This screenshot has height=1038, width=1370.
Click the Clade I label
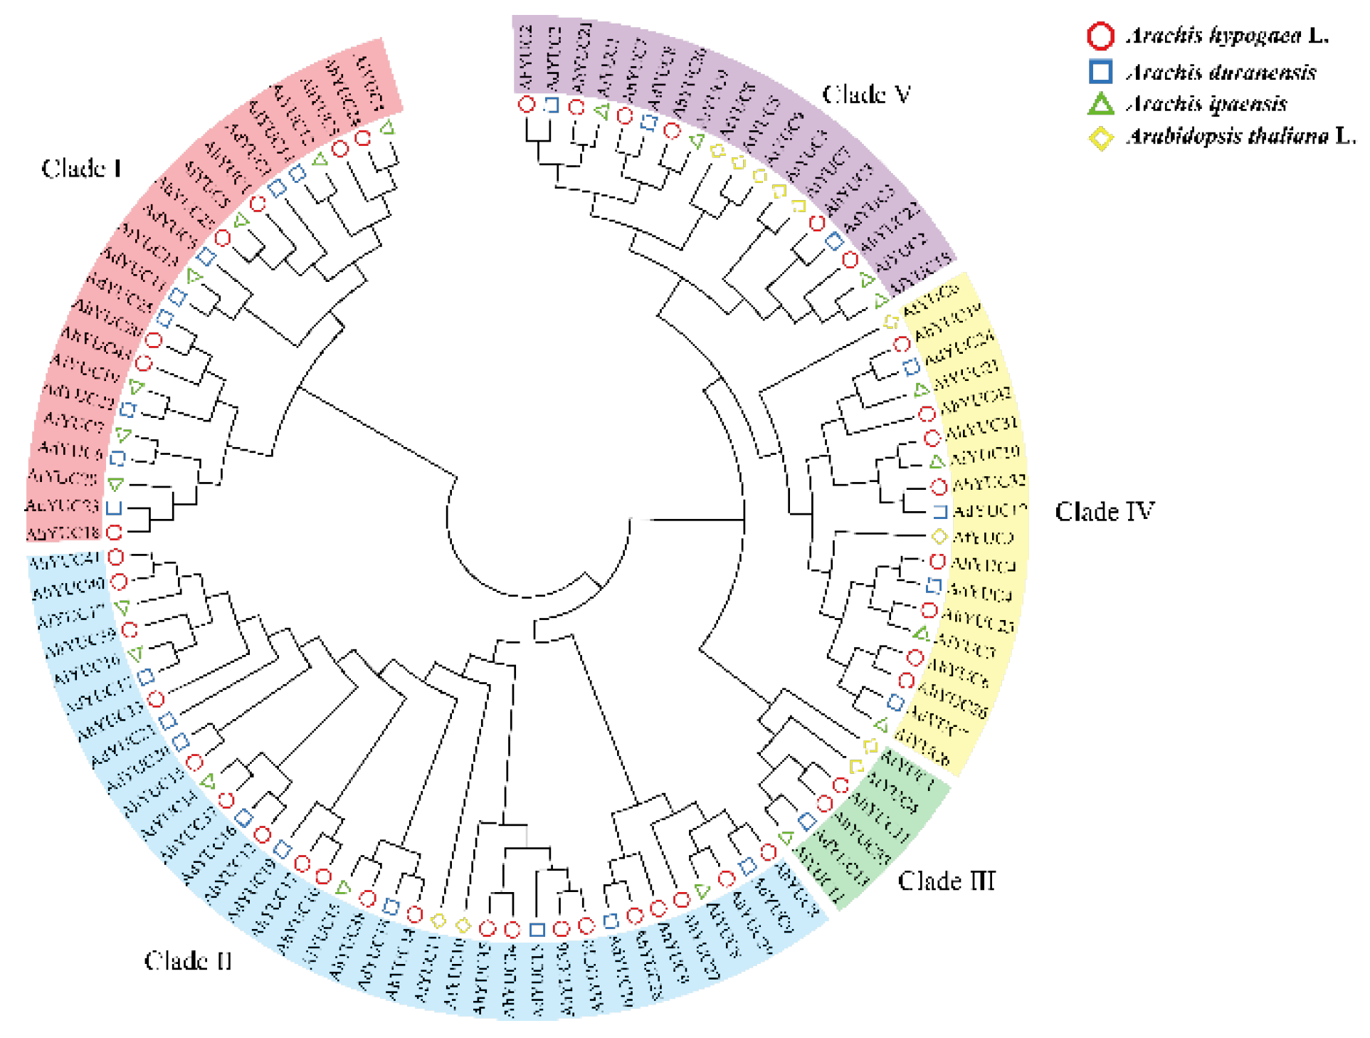[81, 169]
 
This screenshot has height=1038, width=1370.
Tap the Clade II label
[188, 961]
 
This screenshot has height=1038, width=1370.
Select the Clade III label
[946, 881]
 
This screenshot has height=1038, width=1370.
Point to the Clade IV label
[1104, 512]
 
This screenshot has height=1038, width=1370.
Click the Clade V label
[866, 95]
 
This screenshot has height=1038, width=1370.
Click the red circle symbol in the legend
[1100, 36]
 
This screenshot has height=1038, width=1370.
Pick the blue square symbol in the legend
[1100, 72]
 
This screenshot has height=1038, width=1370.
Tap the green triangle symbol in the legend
[1100, 105]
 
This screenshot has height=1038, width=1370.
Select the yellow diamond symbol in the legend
[1100, 137]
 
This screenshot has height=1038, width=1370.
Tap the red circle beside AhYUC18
[114, 532]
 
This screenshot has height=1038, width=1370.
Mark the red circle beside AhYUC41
[115, 557]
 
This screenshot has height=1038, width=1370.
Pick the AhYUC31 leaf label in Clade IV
[982, 427]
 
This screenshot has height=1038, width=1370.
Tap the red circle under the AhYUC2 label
[527, 105]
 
